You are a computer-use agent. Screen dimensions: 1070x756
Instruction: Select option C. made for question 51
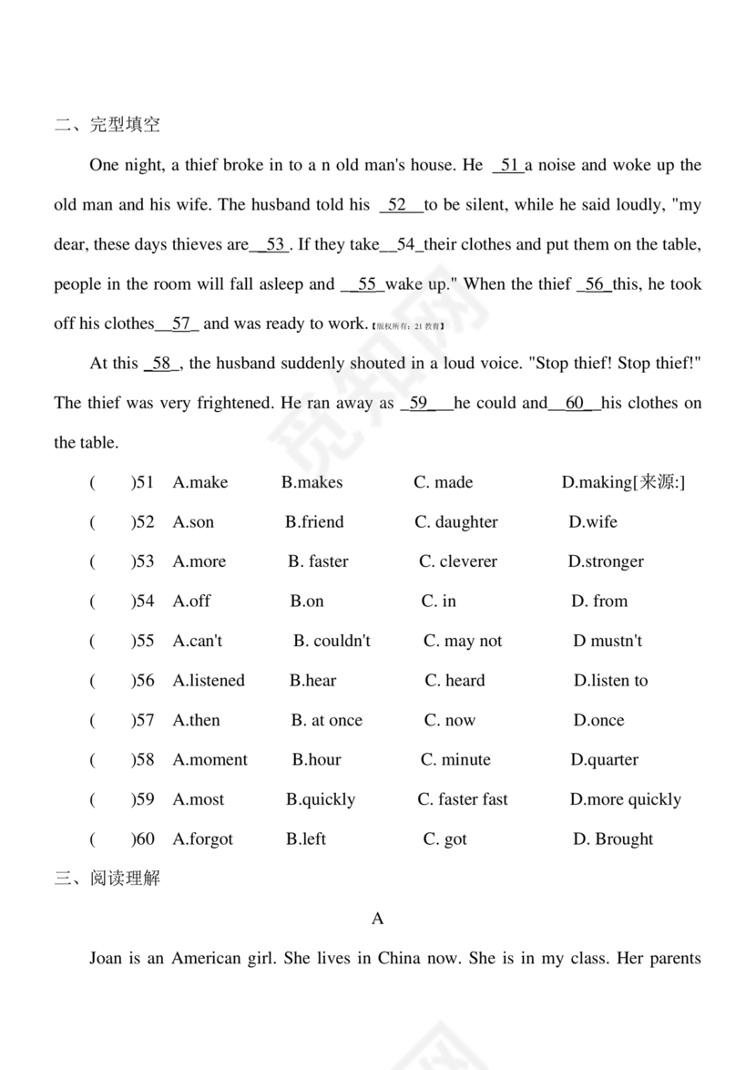tap(444, 482)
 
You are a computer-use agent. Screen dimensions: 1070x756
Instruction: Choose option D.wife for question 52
tap(593, 522)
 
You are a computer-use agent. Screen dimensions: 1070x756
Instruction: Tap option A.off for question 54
tap(191, 602)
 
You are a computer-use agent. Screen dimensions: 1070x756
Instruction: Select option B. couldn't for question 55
tap(332, 641)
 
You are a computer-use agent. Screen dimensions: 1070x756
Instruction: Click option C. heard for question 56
tap(455, 681)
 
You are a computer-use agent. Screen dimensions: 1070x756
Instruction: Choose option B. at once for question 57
tap(326, 720)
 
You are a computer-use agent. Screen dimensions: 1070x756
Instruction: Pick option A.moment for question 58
tap(209, 760)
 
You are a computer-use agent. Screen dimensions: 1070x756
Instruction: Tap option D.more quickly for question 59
tap(625, 799)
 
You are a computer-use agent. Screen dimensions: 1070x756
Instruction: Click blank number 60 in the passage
tap(576, 403)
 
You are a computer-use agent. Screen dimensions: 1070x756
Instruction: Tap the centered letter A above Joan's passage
tap(378, 919)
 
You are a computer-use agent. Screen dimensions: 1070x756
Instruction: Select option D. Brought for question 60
tap(612, 839)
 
